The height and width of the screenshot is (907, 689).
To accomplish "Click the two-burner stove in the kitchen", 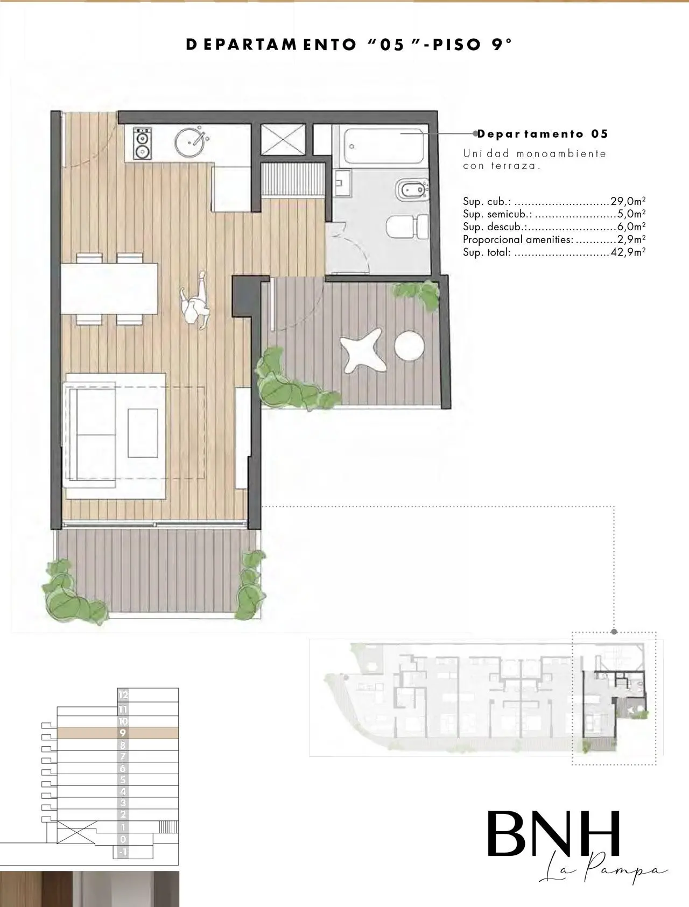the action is point(142,144).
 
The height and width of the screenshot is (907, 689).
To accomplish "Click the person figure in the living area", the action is point(195,301).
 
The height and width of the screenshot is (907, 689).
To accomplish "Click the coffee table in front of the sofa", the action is point(143,433).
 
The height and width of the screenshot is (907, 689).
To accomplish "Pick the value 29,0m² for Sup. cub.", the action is point(628,202).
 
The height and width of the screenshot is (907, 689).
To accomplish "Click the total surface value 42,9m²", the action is point(628,252).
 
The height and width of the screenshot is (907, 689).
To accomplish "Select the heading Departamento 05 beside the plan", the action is point(543,134).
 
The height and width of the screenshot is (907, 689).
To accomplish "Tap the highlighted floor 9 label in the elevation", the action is point(123,733).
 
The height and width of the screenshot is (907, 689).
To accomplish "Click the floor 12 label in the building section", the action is point(123,695).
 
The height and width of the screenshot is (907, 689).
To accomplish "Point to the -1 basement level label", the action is point(123,852).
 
